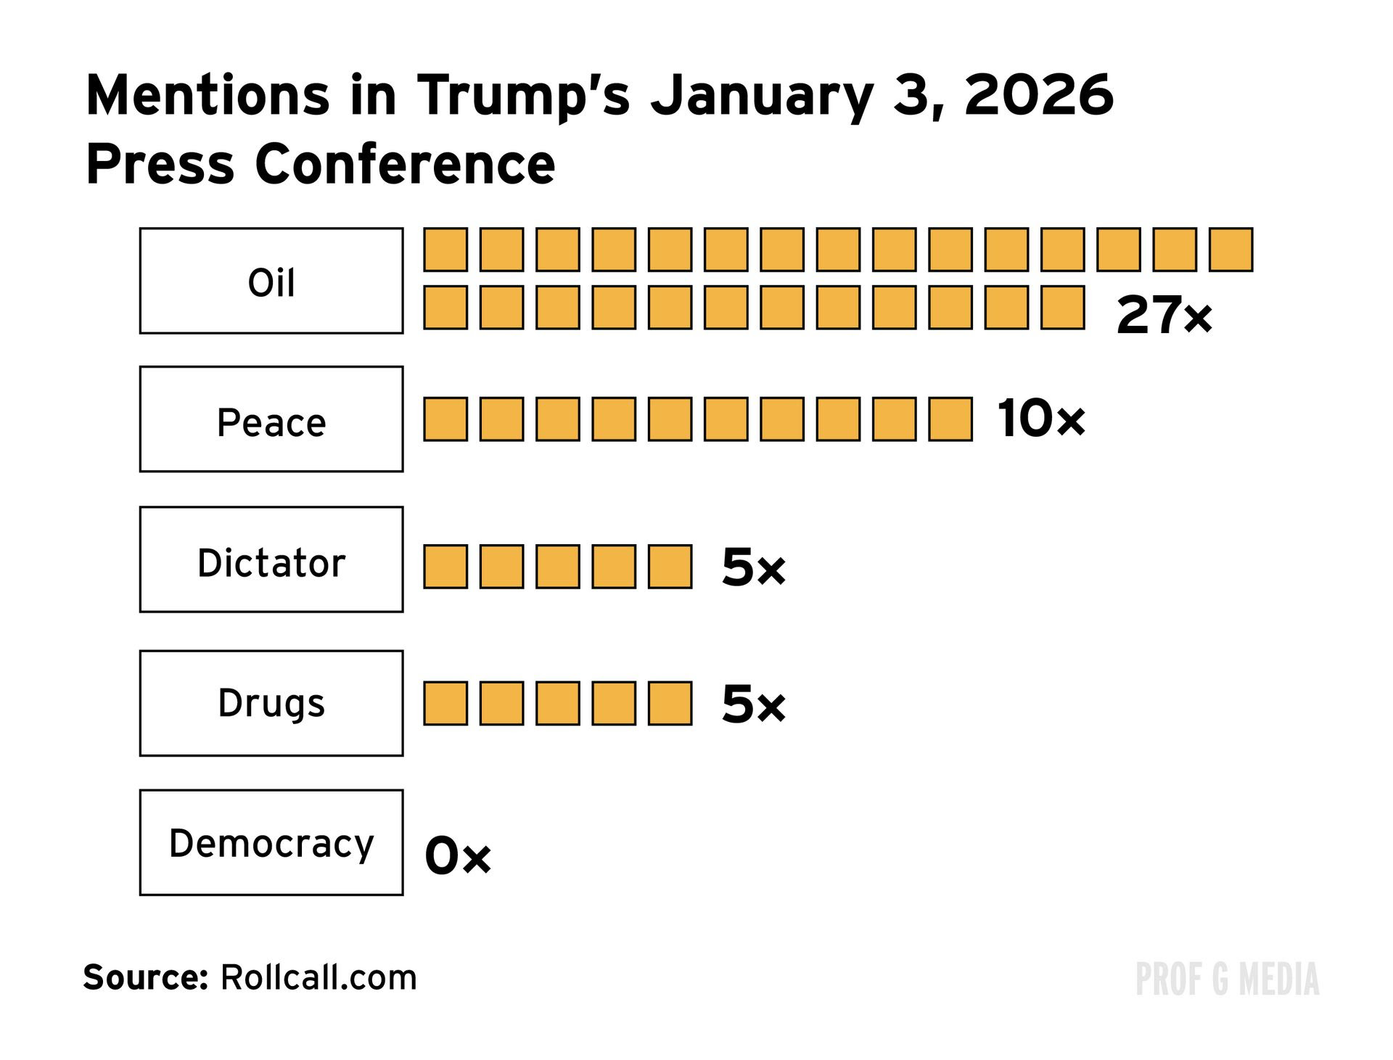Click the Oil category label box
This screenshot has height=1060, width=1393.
coord(271,282)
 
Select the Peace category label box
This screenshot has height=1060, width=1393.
coord(271,420)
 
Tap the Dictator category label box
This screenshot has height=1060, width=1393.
coord(271,560)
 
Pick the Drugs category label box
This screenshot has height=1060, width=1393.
coord(271,704)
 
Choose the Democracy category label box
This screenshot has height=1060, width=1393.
coord(271,843)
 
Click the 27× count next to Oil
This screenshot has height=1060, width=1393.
coord(1164,316)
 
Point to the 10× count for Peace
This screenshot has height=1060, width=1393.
coord(1041,419)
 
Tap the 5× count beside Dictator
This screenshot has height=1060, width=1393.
coord(753,567)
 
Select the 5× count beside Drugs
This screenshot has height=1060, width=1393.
coord(753,704)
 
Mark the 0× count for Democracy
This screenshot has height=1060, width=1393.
coord(458,856)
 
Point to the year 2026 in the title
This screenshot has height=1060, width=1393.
coord(1038,95)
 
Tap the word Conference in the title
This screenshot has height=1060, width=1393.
coord(405,164)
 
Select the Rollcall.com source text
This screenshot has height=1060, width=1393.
coord(319,977)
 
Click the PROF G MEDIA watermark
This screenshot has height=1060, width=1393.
coord(1227,979)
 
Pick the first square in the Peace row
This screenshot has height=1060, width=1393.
coord(445,419)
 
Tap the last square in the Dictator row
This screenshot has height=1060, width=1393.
coord(670,567)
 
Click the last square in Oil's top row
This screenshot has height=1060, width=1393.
coord(1231,250)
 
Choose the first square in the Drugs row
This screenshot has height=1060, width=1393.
coord(445,703)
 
